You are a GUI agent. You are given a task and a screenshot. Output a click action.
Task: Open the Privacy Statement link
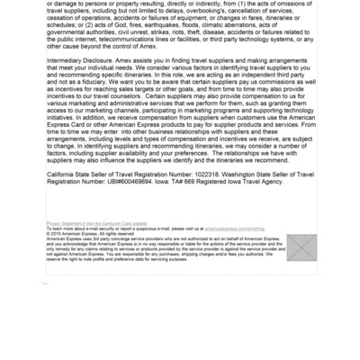(x=63, y=223)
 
